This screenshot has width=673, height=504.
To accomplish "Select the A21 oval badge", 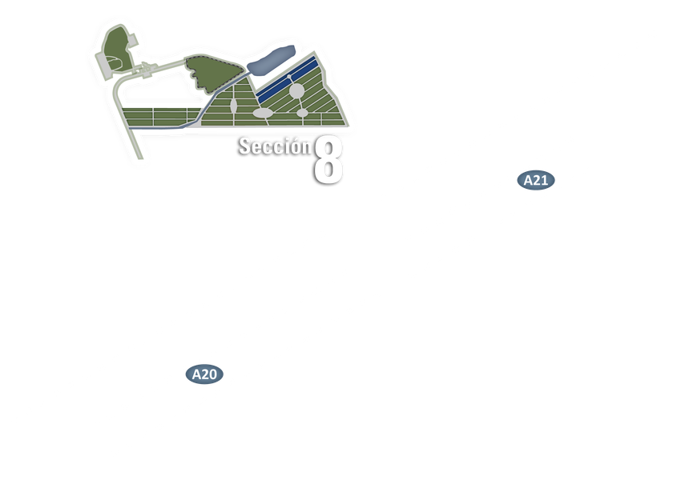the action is (x=535, y=180).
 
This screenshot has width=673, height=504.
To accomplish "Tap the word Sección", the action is (x=274, y=146).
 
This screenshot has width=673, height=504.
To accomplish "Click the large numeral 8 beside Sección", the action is (x=328, y=160).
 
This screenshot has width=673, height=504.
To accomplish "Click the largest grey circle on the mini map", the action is (x=296, y=90).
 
